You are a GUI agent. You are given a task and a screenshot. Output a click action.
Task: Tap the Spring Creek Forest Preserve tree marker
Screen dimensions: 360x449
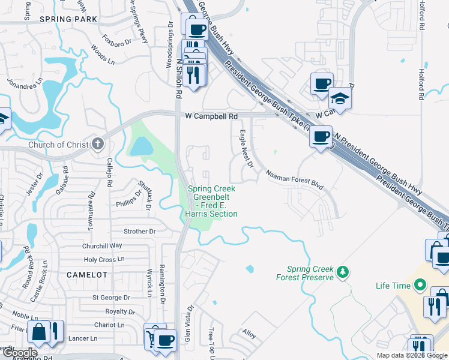342,272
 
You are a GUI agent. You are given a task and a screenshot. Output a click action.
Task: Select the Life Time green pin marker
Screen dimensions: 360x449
420,286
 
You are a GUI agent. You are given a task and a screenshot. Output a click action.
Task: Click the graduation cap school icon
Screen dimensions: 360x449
340,98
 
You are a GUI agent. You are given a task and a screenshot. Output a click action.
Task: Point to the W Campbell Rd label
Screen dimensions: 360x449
211,115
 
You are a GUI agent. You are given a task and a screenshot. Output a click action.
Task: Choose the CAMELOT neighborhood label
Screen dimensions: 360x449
87,274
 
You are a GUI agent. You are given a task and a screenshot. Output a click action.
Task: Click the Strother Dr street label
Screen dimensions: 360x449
139,231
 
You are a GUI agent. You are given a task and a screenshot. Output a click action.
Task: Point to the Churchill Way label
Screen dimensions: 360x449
103,245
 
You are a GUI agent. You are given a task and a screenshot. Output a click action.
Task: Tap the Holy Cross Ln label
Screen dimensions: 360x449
104,260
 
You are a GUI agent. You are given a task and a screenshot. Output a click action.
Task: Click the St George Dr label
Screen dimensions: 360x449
111,298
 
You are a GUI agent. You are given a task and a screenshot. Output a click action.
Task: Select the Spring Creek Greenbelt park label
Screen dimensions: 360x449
212,201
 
